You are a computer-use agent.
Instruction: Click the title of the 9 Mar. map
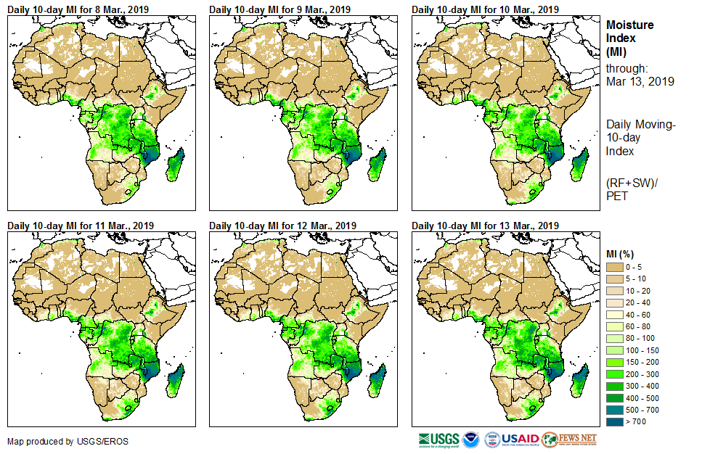tap(280, 9)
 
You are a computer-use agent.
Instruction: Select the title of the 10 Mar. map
tap(485, 9)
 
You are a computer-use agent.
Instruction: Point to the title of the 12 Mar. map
tap(282, 225)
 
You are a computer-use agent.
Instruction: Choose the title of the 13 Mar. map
tap(485, 225)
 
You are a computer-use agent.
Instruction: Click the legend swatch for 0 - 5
tap(615, 267)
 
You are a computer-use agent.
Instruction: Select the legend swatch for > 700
tap(615, 421)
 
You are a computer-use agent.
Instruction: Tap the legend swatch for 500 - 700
tap(615, 409)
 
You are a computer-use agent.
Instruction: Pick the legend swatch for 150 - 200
tap(615, 361)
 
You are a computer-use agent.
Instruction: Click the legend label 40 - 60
tap(640, 314)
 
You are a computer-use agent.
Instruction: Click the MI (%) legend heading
tap(623, 252)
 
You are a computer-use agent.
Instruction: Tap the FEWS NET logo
tap(569, 439)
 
